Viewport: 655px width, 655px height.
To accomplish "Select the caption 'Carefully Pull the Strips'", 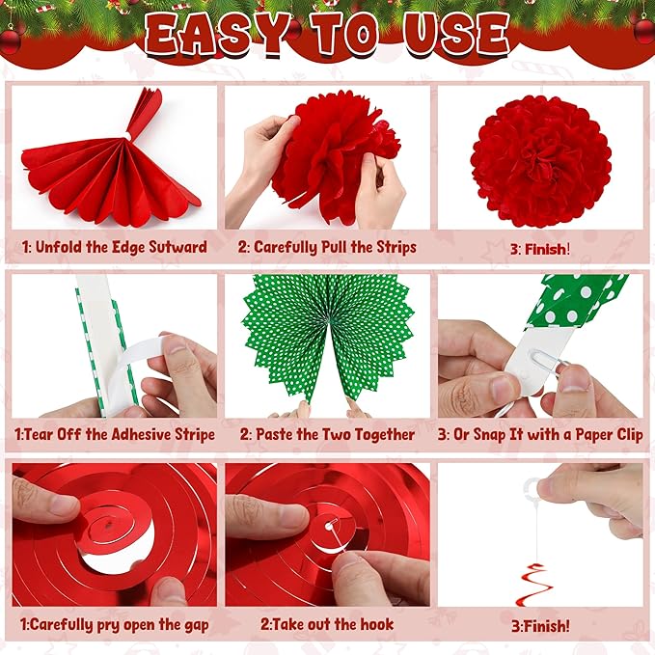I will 327,247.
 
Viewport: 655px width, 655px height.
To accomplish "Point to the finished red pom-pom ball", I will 540,159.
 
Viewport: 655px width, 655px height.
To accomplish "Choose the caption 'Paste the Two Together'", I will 327,435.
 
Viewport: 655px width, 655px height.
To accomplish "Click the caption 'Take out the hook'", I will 327,624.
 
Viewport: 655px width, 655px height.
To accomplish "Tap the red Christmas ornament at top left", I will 10,40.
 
